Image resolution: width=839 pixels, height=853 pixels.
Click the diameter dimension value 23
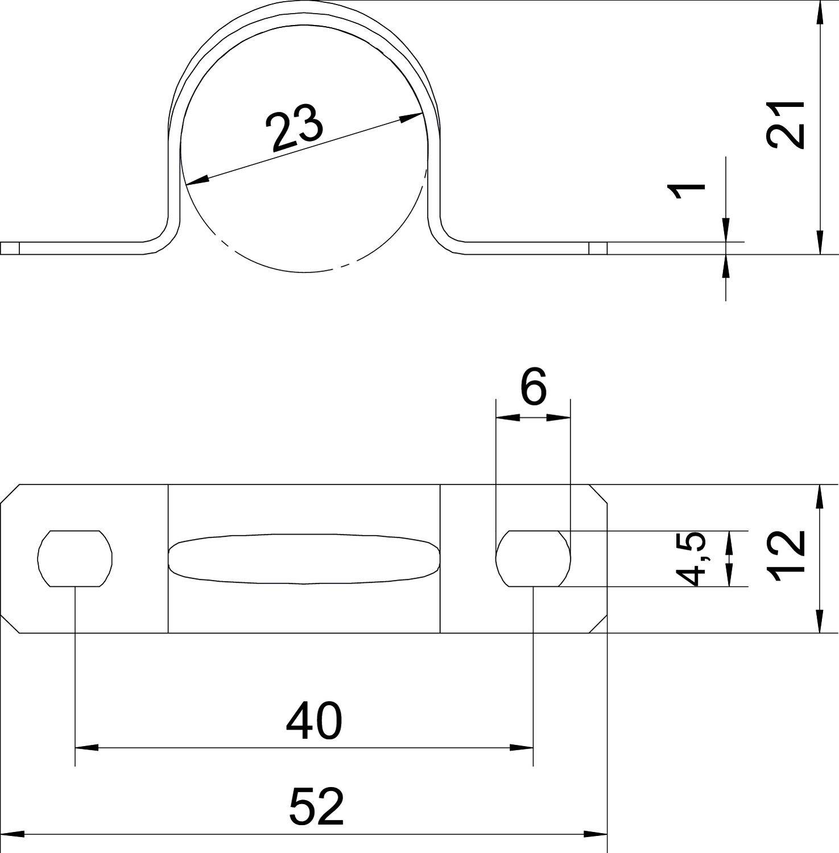coord(295,129)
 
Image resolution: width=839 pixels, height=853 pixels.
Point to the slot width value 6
coord(533,387)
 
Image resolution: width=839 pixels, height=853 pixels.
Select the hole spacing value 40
coord(313,721)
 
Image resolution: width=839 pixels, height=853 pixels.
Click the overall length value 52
coord(316,806)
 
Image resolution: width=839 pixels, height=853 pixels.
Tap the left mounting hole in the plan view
coord(75,558)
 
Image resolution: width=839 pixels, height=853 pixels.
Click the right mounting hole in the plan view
coord(533,558)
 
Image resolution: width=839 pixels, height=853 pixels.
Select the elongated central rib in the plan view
coord(304,559)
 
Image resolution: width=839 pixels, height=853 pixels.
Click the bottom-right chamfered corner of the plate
coord(598,623)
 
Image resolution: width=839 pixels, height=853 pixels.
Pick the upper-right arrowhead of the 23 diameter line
coord(411,117)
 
